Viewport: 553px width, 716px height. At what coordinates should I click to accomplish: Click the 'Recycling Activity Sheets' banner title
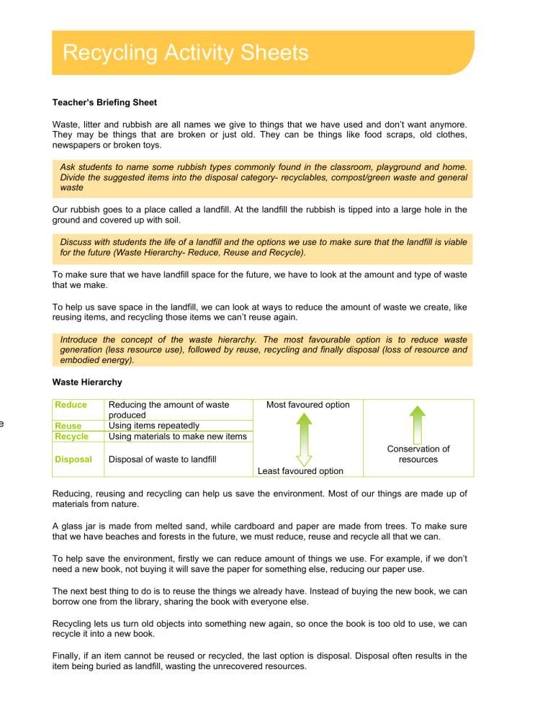point(185,53)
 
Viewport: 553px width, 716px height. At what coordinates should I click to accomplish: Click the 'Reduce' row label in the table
point(71,405)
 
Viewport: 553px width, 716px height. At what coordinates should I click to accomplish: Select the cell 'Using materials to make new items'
point(176,436)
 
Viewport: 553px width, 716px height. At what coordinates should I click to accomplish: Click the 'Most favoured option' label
point(307,405)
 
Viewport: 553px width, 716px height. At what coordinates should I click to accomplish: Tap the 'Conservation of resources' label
point(418,454)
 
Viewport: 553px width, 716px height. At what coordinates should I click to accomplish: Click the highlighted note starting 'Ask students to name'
point(263,179)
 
